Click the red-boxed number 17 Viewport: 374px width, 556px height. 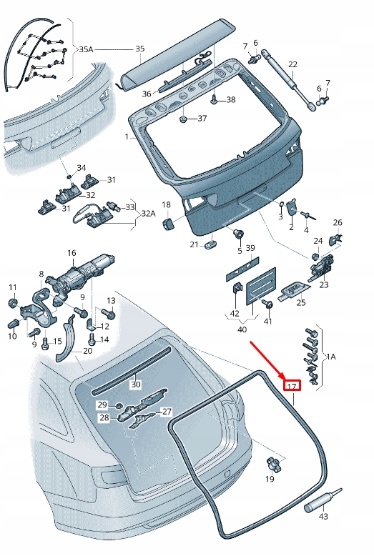coord(292,385)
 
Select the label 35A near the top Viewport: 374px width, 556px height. coord(86,49)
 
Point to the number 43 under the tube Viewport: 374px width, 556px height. coord(323,516)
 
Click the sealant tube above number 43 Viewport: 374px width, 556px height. coord(323,500)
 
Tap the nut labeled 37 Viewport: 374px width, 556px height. coord(184,119)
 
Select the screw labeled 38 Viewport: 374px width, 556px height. coord(215,99)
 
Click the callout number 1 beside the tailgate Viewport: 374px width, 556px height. coord(127,136)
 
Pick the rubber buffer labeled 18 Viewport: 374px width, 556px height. coord(168,224)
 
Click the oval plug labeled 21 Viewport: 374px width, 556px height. coord(211,244)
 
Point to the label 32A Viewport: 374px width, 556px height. coord(149,214)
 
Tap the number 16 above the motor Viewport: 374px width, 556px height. coord(72,253)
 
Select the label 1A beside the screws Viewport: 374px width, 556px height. coord(330,357)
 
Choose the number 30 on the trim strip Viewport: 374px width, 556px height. coord(136,384)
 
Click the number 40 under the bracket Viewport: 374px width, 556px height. coord(242,329)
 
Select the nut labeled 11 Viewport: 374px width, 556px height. coord(13,303)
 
